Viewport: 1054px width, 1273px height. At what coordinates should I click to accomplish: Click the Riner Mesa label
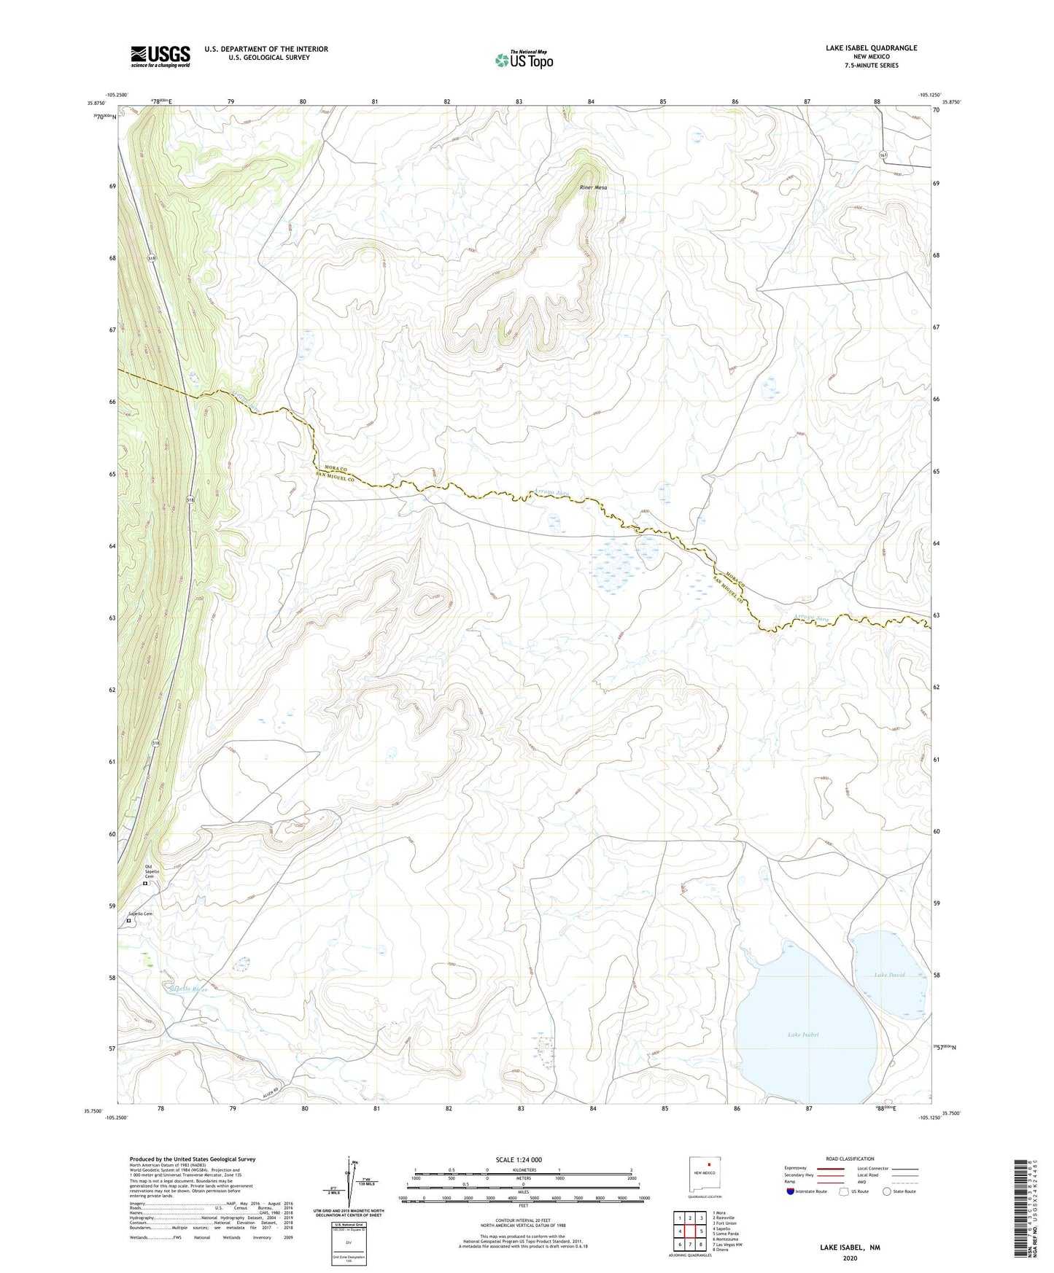pyautogui.click(x=593, y=187)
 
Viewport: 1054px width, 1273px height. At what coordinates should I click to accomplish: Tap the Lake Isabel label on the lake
pyautogui.click(x=803, y=1035)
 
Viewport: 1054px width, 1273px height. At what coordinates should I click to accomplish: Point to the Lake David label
pyautogui.click(x=889, y=974)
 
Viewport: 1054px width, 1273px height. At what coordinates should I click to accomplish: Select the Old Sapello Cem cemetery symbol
pyautogui.click(x=145, y=883)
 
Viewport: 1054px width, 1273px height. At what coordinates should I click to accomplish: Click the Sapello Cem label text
pyautogui.click(x=141, y=914)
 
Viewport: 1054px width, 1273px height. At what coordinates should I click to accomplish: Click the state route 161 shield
pyautogui.click(x=883, y=155)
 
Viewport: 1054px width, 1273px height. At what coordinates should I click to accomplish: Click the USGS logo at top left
pyautogui.click(x=160, y=56)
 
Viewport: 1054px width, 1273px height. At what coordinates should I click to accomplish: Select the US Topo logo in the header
pyautogui.click(x=523, y=61)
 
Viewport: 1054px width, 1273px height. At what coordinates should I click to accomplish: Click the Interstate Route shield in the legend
pyautogui.click(x=791, y=1191)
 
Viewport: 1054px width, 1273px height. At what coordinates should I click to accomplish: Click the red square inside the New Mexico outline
pyautogui.click(x=708, y=1164)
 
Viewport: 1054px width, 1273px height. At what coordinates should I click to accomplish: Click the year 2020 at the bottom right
pyautogui.click(x=850, y=1258)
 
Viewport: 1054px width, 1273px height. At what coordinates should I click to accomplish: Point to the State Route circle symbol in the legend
pyautogui.click(x=887, y=1191)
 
